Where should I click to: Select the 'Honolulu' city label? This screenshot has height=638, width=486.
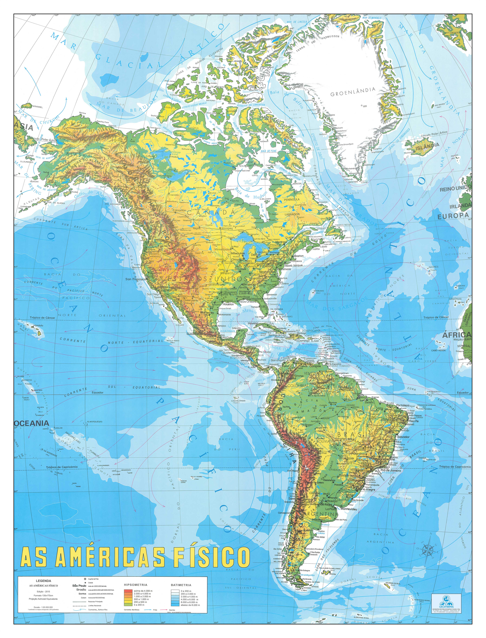pos(38,325)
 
